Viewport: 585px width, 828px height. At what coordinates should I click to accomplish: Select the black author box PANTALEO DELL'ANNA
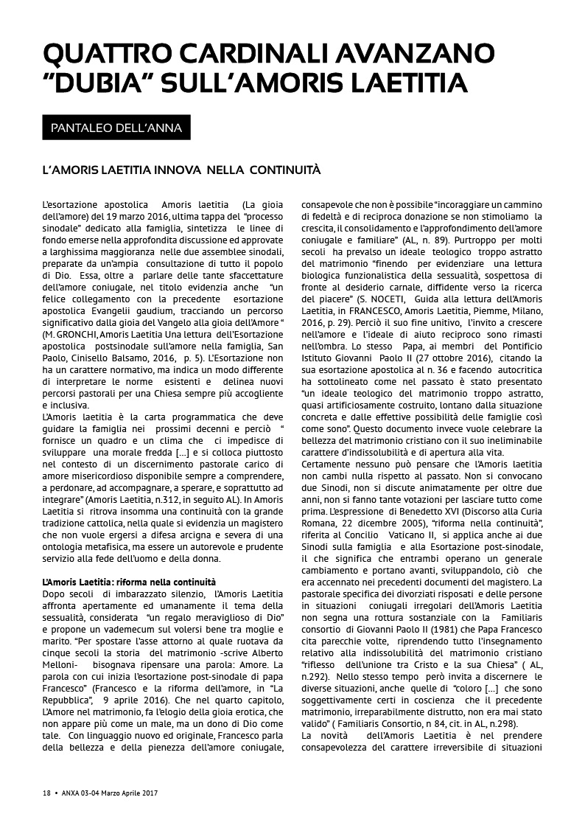coord(116,128)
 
